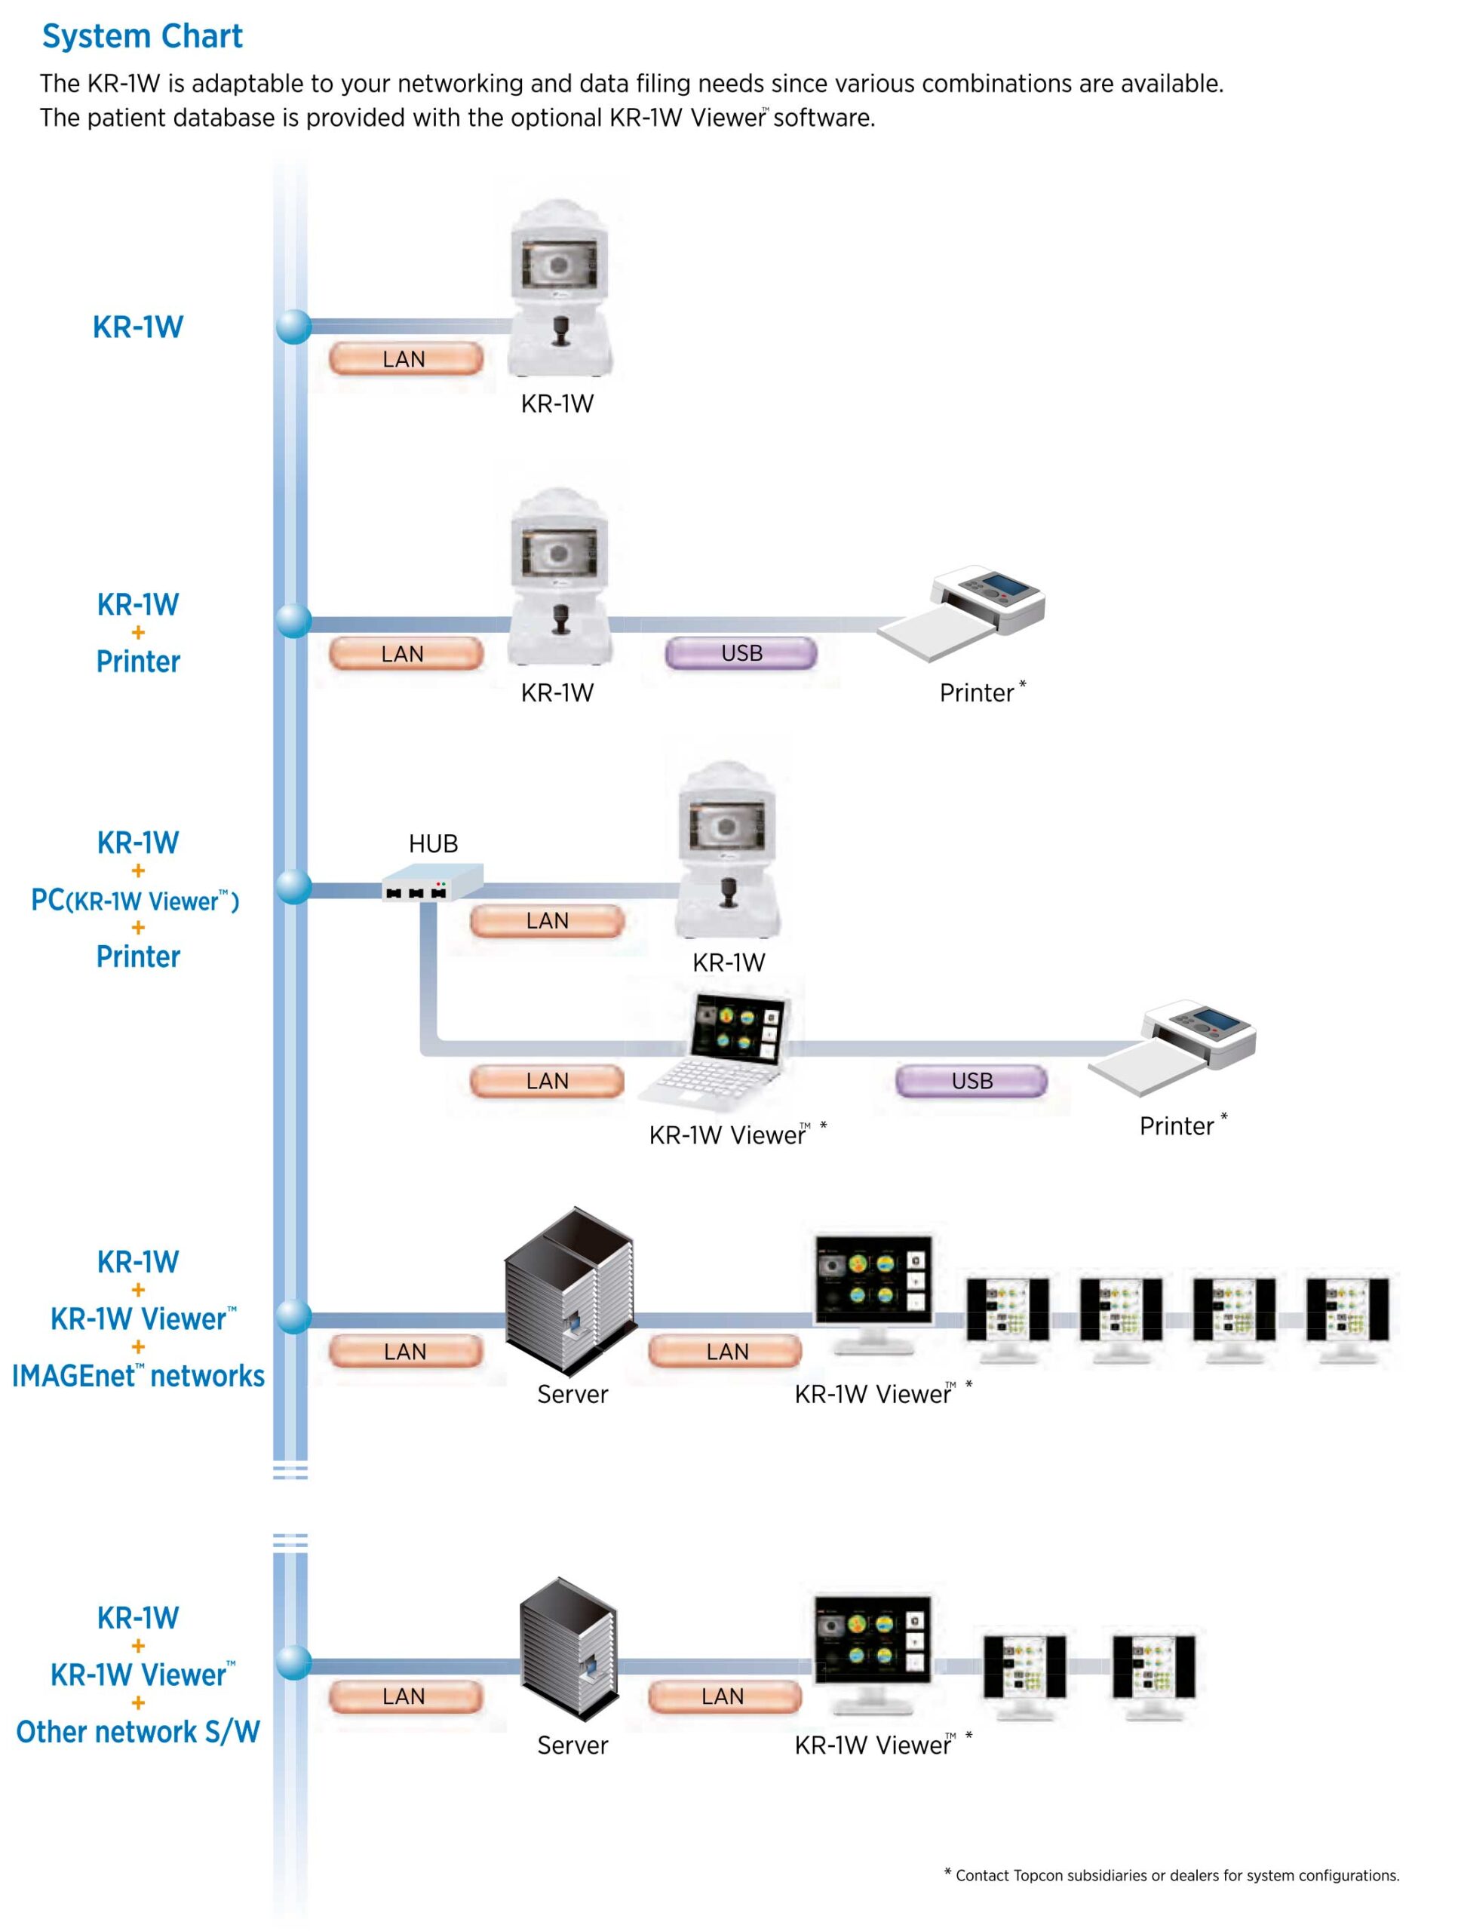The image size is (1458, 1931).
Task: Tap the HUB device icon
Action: (433, 882)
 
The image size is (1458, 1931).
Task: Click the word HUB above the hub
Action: (433, 843)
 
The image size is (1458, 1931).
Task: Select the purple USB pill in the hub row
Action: (971, 1081)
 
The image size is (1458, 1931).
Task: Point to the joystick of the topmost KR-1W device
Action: (560, 332)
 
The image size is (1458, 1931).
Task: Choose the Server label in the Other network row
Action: (572, 1744)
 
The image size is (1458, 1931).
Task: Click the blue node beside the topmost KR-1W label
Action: (293, 327)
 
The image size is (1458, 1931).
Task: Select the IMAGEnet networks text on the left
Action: (138, 1376)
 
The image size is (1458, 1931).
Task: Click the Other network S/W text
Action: (138, 1731)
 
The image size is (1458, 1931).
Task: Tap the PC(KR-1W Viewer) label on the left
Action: (135, 900)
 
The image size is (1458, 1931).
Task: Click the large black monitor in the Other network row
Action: (872, 1647)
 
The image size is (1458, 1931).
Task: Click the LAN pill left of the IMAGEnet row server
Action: (405, 1352)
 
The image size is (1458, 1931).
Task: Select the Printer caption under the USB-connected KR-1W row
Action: (978, 693)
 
